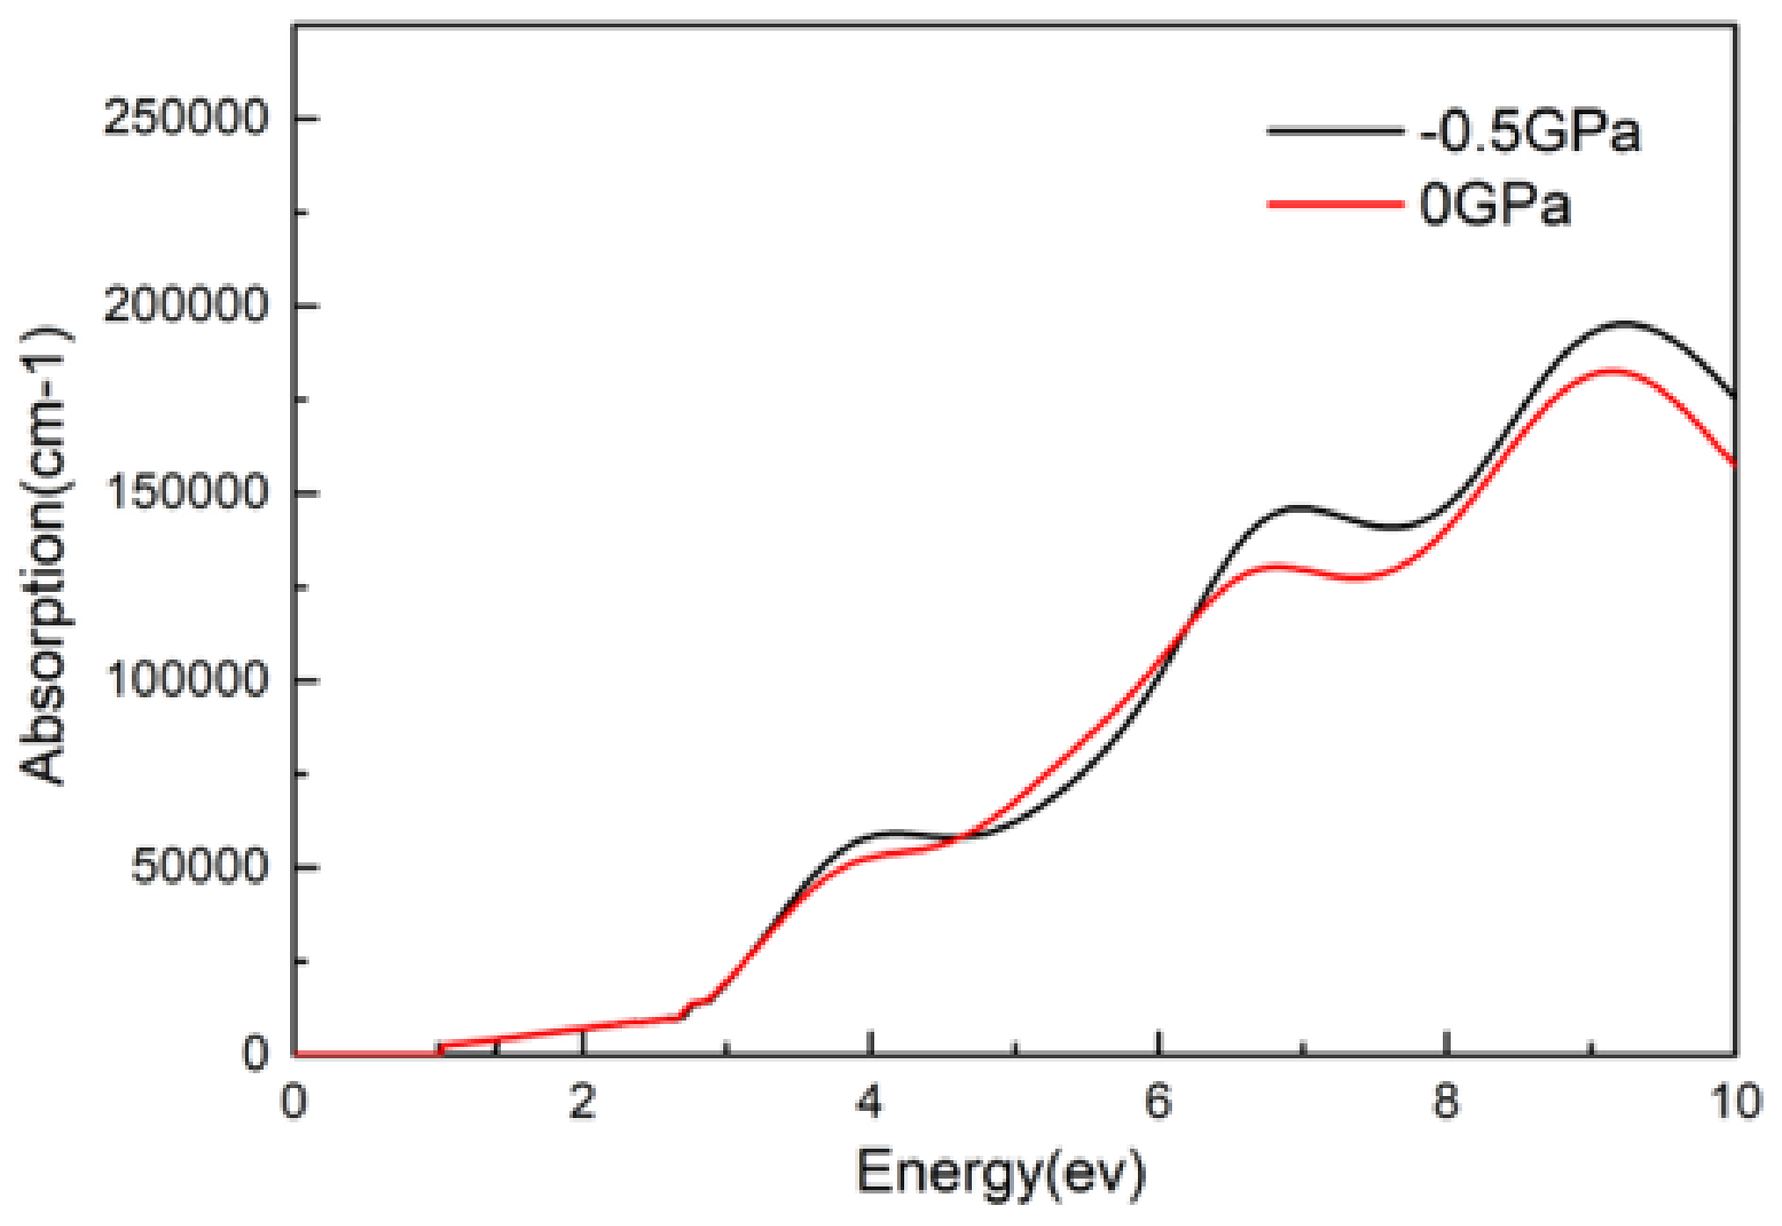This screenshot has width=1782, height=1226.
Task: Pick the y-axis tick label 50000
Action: tap(199, 867)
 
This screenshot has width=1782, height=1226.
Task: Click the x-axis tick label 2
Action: tap(583, 1101)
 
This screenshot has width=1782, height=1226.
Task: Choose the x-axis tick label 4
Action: tap(870, 1101)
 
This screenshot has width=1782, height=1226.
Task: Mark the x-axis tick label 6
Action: tap(1159, 1101)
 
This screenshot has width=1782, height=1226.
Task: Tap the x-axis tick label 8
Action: tap(1446, 1101)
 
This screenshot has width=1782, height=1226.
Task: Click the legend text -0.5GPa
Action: tap(1530, 133)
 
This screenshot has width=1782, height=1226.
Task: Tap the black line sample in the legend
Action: tap(1335, 131)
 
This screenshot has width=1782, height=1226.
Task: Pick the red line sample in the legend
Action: tap(1335, 205)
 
